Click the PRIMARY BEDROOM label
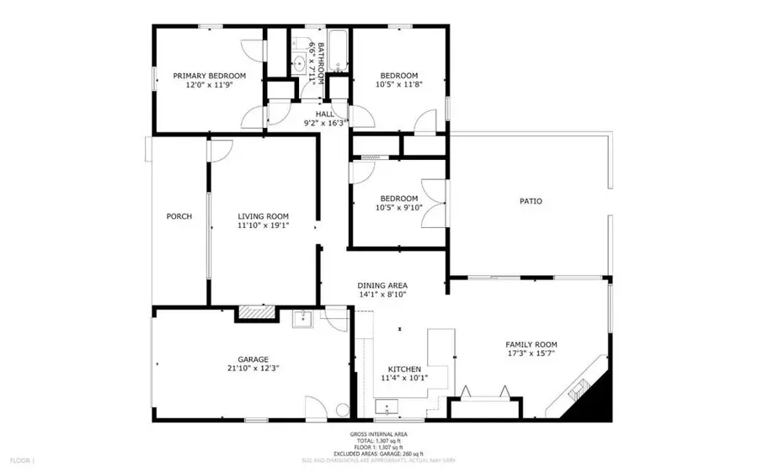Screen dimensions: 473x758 point(210,76)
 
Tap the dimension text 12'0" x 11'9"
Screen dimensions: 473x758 point(210,85)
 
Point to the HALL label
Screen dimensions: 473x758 point(325,114)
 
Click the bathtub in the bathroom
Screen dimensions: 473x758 point(337,50)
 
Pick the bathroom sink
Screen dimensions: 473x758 point(301,61)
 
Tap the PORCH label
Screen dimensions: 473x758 point(179,216)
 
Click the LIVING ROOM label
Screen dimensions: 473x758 point(263,216)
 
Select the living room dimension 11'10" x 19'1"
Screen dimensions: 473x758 point(263,226)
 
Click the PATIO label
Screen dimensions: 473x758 point(530,201)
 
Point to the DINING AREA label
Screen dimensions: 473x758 point(383,285)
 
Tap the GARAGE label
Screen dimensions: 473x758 point(253,359)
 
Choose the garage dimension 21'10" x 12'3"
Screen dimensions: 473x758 point(253,369)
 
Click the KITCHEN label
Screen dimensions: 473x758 point(403,369)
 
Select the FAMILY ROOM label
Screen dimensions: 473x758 point(531,344)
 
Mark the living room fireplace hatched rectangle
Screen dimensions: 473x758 point(255,313)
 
